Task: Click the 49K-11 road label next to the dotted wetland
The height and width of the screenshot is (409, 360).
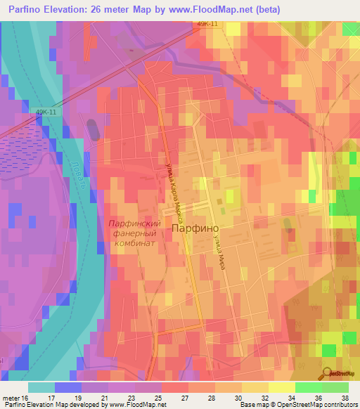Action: tap(45, 111)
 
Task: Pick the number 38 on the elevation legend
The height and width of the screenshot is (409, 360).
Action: tap(345, 397)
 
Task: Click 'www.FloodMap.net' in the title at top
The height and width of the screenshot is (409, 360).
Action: tap(222, 10)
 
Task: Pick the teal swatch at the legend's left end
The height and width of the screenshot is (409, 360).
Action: tap(41, 387)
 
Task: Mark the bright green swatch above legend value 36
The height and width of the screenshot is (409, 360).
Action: tap(308, 387)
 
